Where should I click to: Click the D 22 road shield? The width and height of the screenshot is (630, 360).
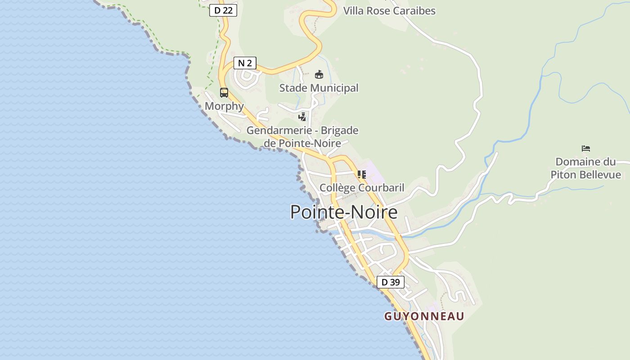tap(223, 10)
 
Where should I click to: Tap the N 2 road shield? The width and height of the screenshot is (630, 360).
tap(245, 63)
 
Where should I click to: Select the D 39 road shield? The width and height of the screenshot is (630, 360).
tap(390, 282)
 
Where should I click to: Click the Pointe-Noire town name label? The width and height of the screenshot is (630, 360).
tap(344, 212)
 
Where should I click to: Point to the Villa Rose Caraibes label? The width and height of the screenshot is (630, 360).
tap(389, 11)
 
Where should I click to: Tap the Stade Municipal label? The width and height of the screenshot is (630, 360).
tap(319, 88)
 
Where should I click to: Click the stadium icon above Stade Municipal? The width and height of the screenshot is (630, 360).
tap(319, 74)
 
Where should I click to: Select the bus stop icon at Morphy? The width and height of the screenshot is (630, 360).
tap(224, 93)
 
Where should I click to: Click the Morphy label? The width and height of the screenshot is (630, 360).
tap(224, 106)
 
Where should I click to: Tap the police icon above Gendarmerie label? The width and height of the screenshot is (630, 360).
tap(302, 117)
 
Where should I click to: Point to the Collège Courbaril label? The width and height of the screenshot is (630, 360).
tap(362, 188)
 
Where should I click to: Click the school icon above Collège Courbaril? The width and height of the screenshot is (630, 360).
tap(362, 174)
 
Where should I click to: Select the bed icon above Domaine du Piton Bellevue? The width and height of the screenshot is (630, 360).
tap(586, 148)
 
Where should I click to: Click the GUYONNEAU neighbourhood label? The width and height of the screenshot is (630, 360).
tap(424, 316)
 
